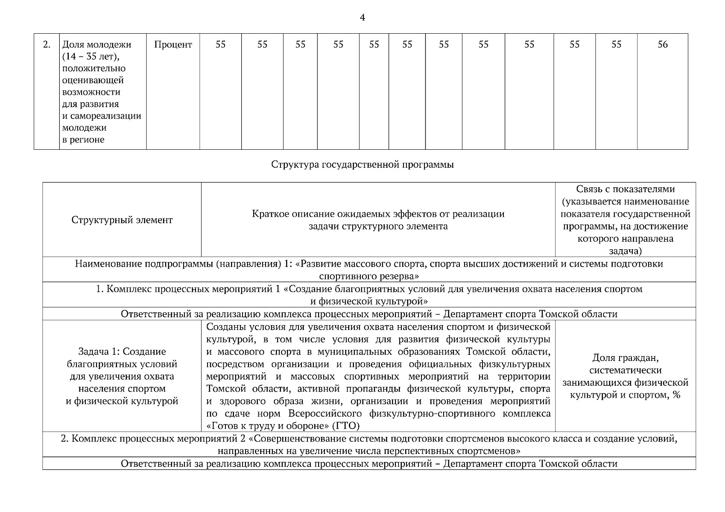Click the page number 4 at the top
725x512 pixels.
click(x=362, y=17)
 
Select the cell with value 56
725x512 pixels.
click(x=662, y=44)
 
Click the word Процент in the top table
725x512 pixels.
click(x=173, y=44)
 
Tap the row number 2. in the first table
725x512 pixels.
click(x=47, y=44)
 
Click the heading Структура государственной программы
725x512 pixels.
click(x=362, y=165)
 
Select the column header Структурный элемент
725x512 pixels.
click(x=122, y=220)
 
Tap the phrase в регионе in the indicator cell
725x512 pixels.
click(x=83, y=140)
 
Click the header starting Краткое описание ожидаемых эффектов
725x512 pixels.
click(x=378, y=214)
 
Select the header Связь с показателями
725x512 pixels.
click(x=626, y=189)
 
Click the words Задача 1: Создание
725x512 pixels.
click(x=122, y=352)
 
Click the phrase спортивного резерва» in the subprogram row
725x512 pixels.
click(x=369, y=276)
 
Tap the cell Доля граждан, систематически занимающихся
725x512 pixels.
click(x=626, y=376)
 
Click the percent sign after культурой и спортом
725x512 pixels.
click(x=676, y=395)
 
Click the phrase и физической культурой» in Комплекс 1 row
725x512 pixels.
click(x=369, y=301)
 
